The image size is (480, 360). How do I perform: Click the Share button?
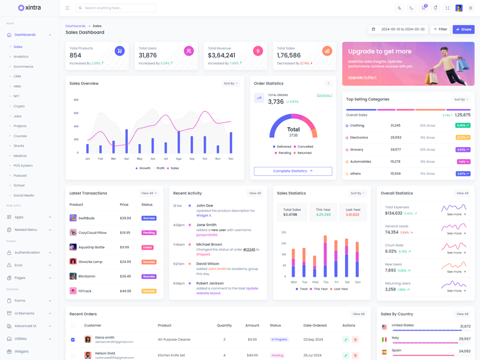coord(463,29)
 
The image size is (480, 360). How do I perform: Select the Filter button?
coord(440,29)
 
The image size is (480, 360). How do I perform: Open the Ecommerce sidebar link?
coord(23,67)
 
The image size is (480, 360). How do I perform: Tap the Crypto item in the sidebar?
coord(19,106)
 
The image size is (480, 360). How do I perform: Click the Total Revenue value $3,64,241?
coord(221,55)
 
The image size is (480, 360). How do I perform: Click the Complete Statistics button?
coord(293,171)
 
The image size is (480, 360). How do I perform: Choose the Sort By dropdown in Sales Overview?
coord(231,83)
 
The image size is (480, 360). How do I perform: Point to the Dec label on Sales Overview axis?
coord(231,159)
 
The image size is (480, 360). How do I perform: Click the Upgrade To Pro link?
coord(362,77)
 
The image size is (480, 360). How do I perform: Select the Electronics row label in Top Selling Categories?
coord(359,137)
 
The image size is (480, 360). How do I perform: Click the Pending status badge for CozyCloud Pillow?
coord(149,233)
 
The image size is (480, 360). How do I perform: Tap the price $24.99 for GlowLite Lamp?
coord(125,262)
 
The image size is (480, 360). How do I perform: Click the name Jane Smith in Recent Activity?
coord(206,225)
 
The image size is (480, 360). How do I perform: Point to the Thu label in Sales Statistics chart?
coord(326,282)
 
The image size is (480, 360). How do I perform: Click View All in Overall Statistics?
coord(462,193)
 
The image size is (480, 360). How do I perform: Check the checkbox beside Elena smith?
coord(73,340)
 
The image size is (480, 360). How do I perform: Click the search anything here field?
coord(117,8)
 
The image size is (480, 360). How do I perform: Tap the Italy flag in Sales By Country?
coord(385,339)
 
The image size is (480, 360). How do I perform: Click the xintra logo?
coord(29,8)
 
